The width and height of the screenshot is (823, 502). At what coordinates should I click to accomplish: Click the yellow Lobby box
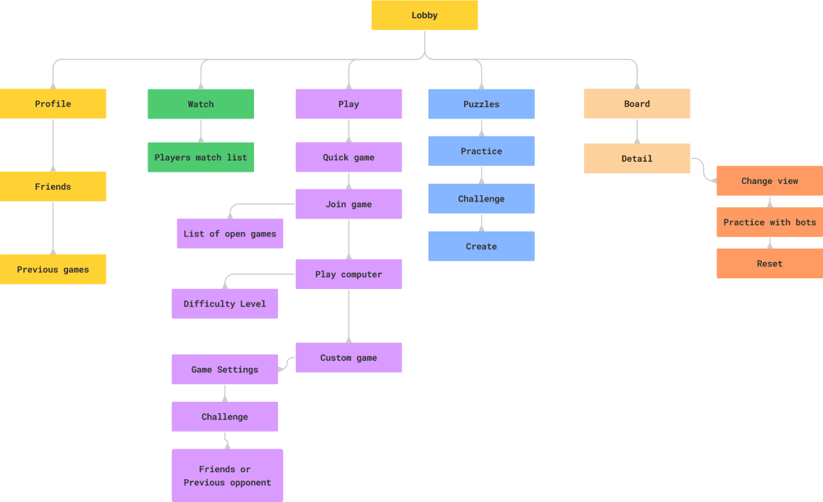(x=424, y=16)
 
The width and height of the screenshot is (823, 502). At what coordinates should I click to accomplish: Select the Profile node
(x=53, y=104)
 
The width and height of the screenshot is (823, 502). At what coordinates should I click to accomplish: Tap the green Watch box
(x=201, y=104)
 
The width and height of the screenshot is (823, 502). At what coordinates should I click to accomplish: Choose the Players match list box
(x=201, y=158)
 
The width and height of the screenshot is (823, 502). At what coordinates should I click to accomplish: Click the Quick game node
(x=348, y=158)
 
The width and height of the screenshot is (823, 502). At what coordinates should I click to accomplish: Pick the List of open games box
(x=230, y=234)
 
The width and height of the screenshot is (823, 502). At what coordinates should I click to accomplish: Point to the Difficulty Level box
(x=225, y=304)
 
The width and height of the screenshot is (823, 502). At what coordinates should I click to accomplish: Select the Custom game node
(x=348, y=358)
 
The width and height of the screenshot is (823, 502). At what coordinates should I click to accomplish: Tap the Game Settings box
(x=225, y=370)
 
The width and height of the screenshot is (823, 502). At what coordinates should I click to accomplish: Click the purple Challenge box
(x=225, y=417)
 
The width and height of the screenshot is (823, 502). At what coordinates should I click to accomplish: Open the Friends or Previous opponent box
(x=227, y=476)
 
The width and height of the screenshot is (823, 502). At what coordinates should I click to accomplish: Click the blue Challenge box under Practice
(x=481, y=199)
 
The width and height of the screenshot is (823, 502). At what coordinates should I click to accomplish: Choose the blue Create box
(x=481, y=246)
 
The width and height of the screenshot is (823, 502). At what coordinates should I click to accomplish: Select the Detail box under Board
(x=637, y=159)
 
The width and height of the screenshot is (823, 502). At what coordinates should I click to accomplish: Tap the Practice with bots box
(x=770, y=222)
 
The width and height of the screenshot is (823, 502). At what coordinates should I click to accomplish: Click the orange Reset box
(x=770, y=263)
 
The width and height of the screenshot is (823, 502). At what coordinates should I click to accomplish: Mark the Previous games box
(x=53, y=270)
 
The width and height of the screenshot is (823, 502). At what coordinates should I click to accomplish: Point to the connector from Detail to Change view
(x=702, y=170)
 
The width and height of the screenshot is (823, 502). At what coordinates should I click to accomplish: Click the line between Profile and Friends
(x=53, y=145)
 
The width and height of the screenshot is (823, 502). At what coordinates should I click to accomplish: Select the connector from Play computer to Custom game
(x=348, y=316)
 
